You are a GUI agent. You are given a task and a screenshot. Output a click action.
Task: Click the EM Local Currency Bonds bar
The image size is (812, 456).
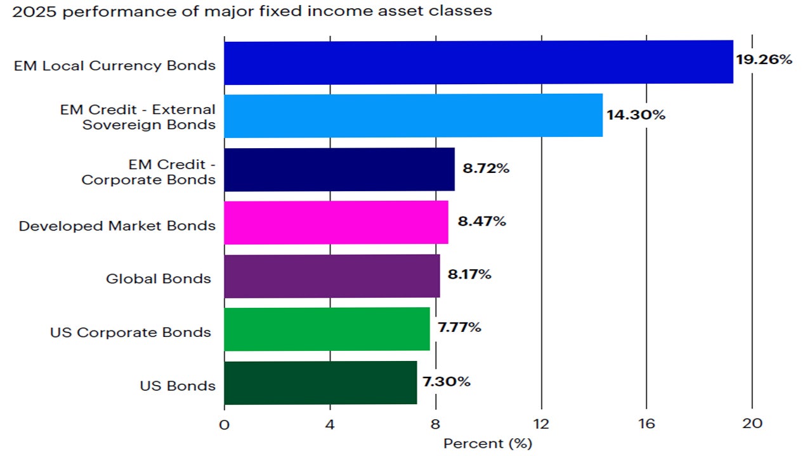coord(478,62)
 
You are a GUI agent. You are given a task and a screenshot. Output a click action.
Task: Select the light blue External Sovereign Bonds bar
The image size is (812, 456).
coord(413,115)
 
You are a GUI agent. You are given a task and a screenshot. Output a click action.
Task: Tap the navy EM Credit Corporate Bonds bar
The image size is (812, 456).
coord(339,169)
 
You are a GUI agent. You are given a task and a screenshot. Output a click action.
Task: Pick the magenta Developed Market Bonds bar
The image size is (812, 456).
coord(336,222)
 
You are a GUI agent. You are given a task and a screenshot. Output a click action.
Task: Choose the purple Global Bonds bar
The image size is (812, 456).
coord(332,275)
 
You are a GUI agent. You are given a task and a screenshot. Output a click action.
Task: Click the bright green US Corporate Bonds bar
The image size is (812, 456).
coord(327,329)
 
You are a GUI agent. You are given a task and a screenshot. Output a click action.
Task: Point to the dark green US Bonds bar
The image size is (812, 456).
coord(320,383)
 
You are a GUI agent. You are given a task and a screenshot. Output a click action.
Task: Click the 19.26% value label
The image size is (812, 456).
coord(764,60)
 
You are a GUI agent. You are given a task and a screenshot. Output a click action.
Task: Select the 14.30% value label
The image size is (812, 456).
coord(636,115)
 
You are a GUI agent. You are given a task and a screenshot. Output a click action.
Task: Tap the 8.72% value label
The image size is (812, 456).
coord(487,169)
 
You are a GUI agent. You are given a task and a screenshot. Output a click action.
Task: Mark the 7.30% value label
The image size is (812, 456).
coord(447,382)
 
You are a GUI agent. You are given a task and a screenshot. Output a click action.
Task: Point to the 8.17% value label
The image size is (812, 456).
coord(469,275)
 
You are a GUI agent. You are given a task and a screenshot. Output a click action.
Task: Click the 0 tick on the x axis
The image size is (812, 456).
coord(224,424)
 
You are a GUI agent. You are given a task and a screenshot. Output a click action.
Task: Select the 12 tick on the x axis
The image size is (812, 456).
coord(540,424)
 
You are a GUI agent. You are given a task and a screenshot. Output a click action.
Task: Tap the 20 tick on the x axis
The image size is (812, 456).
coord(752,424)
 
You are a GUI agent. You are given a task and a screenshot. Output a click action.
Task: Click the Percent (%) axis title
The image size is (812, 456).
coord(488,443)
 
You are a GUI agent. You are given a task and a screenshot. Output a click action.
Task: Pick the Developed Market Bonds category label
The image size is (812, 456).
coord(117,226)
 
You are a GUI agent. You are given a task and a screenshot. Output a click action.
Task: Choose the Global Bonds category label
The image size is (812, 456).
coord(159,279)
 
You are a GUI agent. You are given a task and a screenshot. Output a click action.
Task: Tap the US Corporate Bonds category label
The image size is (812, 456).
coord(131,332)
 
